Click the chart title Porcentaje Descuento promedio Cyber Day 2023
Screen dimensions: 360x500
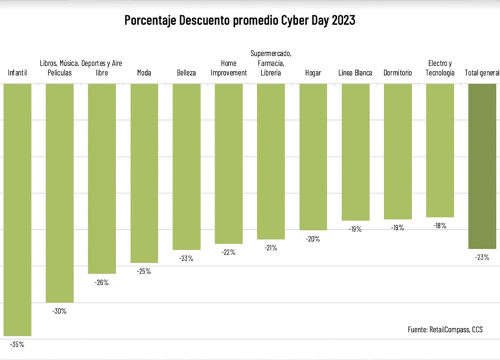240,20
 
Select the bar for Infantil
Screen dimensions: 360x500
17,209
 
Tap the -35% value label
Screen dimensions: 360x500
17,344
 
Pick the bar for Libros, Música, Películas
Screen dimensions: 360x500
59,193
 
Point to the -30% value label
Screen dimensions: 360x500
59,311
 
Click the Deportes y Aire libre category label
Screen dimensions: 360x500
102,67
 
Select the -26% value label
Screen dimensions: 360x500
102,282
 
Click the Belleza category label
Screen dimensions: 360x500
186,73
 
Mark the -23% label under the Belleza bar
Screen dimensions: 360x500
186,259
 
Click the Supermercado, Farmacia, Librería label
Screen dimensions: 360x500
271,62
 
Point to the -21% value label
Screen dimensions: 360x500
271,248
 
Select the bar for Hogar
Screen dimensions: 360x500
313,157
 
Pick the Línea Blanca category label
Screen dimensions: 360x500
355,73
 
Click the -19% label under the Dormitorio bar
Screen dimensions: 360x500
397,228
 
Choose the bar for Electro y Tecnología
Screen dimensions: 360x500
440,150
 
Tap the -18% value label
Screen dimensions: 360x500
440,226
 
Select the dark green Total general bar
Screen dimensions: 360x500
482,166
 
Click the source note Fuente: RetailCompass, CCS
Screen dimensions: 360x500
445,329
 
